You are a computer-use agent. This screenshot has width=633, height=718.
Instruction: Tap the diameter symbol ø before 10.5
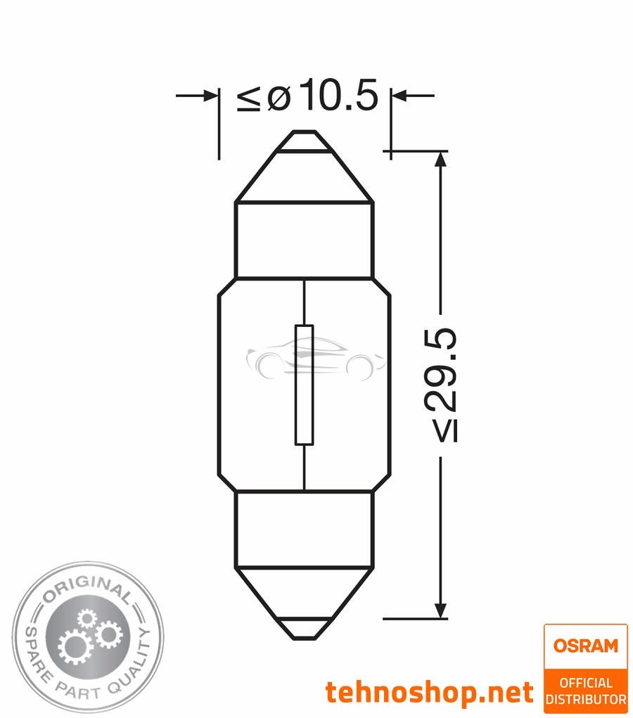pos(279,98)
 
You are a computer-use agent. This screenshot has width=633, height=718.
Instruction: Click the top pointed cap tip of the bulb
pos(303,141)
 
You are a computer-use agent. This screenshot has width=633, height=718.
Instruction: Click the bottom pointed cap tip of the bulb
pos(303,629)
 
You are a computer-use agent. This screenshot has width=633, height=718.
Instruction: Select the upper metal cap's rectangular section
pos(303,239)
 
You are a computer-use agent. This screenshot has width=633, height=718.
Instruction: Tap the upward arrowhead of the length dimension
pos(441,161)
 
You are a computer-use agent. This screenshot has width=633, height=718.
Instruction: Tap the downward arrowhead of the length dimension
pos(441,608)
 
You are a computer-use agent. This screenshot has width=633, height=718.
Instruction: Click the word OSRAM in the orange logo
pos(584,645)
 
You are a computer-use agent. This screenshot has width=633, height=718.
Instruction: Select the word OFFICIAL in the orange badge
pos(585,683)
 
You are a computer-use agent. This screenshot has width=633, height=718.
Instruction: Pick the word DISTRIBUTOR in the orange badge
pos(585,699)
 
